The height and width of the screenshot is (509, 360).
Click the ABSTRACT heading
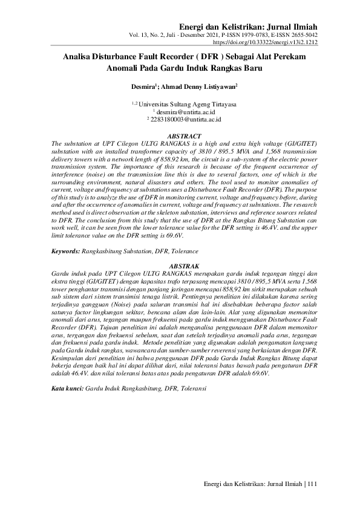183,137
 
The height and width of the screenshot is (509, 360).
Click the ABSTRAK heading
183,265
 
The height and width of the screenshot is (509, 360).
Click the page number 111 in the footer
313,484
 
